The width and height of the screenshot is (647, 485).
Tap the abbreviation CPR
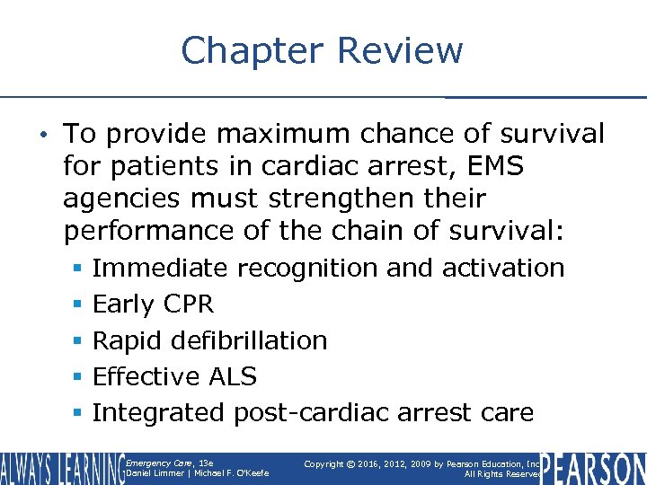189,304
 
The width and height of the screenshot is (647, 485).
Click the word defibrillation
253,340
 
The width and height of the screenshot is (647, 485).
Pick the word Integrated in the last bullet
159,413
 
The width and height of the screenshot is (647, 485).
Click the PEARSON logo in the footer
594,468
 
